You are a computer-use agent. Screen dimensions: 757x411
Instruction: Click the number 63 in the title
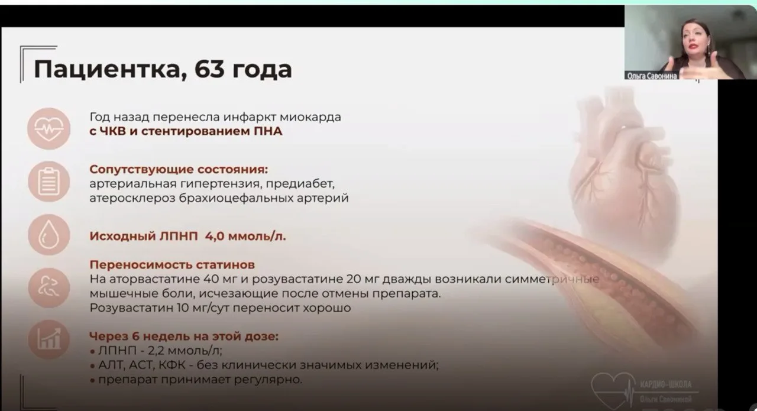point(209,69)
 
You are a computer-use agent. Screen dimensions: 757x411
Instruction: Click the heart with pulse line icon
point(49,129)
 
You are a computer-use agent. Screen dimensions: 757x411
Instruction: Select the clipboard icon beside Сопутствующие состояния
point(49,182)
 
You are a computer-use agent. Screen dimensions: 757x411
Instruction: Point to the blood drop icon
point(49,235)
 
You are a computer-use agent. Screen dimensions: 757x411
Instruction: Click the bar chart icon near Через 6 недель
point(49,339)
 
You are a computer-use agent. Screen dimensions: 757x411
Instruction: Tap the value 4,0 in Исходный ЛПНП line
point(215,237)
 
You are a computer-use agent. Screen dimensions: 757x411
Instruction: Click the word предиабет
point(300,184)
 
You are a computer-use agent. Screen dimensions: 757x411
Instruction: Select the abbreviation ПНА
point(268,131)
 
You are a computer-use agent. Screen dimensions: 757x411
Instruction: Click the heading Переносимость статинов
point(172,265)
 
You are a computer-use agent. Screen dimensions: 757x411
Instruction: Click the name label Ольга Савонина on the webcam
point(652,76)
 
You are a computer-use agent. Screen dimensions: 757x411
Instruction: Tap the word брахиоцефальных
point(238,198)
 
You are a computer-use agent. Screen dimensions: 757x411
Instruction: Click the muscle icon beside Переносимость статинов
point(49,287)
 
